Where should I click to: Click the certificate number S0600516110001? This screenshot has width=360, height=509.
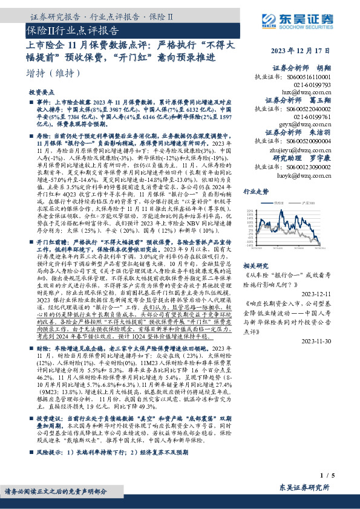[300, 77]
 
